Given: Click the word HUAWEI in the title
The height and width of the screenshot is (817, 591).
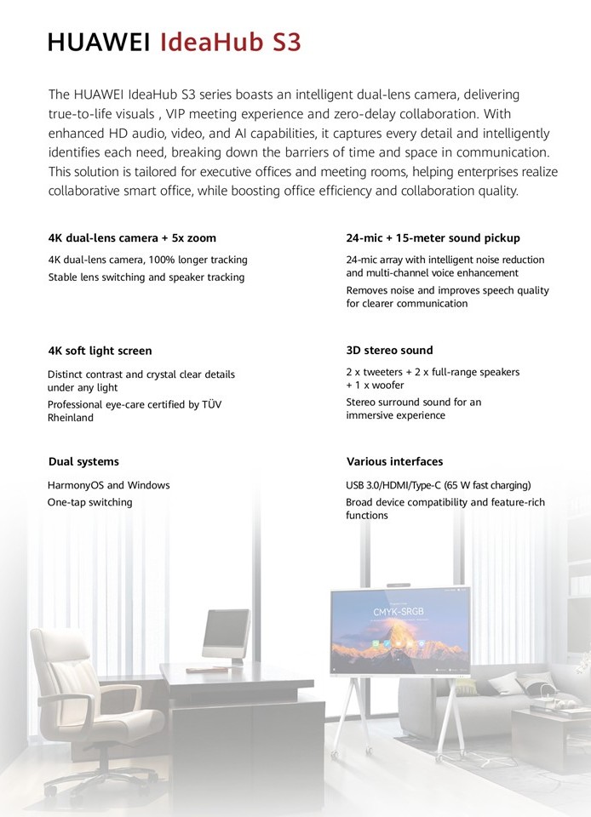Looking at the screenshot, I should (100, 42).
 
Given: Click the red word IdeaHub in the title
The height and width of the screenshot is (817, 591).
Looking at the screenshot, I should (208, 42).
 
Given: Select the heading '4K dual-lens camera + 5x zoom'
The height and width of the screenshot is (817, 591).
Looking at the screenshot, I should (132, 238).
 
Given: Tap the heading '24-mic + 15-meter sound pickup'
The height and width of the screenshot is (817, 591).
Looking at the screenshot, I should (433, 238).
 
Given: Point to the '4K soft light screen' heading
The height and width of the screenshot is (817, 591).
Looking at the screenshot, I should (100, 351).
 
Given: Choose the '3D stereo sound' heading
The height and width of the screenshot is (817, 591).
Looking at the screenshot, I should (389, 351).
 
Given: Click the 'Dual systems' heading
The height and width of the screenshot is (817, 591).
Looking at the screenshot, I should (83, 462).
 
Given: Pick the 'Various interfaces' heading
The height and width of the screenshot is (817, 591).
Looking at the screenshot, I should (394, 462).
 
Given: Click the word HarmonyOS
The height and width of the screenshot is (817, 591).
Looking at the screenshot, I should (75, 485).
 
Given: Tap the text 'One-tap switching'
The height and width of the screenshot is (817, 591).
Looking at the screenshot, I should (89, 502).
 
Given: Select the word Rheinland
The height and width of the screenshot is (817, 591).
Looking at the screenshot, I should (71, 418).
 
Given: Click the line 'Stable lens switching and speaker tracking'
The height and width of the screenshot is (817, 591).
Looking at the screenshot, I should (146, 277).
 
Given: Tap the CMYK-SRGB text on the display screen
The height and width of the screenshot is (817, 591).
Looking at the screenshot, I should (399, 612).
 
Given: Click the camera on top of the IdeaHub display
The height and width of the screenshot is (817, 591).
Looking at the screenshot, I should (399, 586).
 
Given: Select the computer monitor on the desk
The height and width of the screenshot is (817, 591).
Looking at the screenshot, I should (226, 634).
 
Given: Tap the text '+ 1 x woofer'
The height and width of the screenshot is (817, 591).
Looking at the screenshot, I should (376, 386).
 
